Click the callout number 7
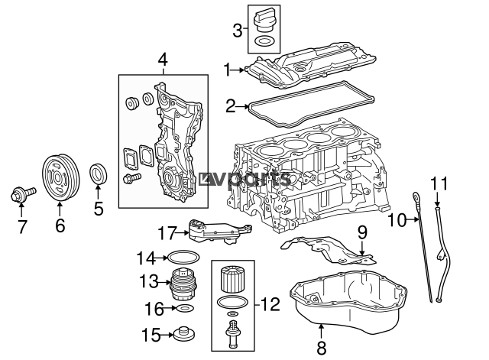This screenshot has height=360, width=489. click(x=22, y=227)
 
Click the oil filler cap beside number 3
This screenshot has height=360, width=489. click(x=264, y=17)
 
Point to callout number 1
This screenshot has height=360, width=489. click(x=227, y=70)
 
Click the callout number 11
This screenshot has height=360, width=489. click(x=438, y=183)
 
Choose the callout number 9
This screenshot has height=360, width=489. click(x=363, y=231)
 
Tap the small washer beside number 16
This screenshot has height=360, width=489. click(x=185, y=309)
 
